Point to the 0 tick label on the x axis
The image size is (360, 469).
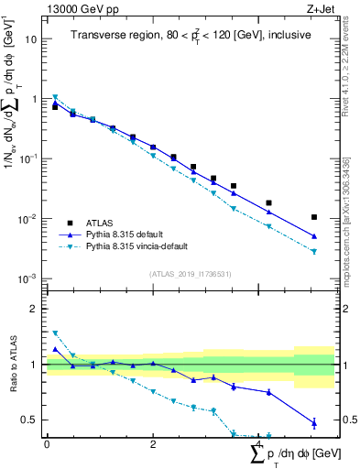47,444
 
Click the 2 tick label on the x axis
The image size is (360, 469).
153,444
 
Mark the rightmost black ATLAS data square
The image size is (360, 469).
314,217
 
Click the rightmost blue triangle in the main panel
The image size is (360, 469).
314,235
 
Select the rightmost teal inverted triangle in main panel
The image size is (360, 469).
314,251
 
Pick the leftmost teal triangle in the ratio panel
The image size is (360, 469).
55,333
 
